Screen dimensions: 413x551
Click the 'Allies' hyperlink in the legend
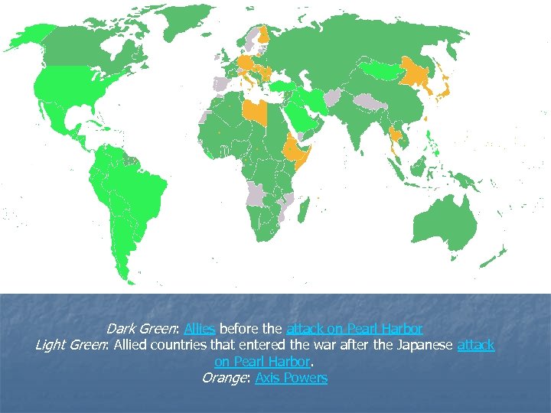(199, 329)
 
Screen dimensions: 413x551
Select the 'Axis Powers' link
(292, 378)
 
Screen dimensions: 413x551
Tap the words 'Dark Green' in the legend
(142, 329)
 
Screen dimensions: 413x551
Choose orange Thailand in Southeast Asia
(396, 138)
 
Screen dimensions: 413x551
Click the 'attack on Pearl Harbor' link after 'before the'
(354, 329)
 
